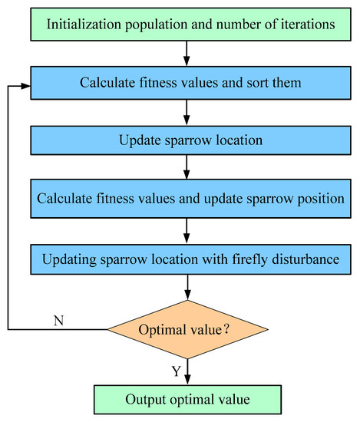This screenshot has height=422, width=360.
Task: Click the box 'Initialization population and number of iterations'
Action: coord(190,25)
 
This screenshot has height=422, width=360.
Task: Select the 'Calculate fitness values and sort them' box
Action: coord(190,83)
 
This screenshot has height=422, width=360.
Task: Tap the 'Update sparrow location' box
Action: coord(190,140)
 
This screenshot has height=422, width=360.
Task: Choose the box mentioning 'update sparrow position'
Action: coord(190,199)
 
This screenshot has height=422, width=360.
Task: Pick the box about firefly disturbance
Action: coord(190,259)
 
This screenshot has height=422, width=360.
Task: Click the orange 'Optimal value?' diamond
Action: coord(187,329)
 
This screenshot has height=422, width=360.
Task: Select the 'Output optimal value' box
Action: coord(187,400)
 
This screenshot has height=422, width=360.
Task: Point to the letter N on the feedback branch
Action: coord(58,321)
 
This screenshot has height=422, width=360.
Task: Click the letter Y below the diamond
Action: coord(177,371)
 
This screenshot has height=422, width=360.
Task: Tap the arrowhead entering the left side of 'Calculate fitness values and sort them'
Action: coord(26,86)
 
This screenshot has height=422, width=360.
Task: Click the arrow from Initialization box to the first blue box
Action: coord(187,54)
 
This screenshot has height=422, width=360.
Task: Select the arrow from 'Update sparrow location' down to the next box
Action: coord(187,166)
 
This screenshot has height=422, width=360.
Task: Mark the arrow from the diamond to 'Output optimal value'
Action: coord(187,371)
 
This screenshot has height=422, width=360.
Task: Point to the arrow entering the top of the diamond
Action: coord(187,287)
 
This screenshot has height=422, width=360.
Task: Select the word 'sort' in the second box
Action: coord(257,83)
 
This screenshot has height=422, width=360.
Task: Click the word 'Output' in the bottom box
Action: coord(145,400)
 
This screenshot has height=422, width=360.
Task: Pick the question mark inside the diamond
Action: coord(226,329)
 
